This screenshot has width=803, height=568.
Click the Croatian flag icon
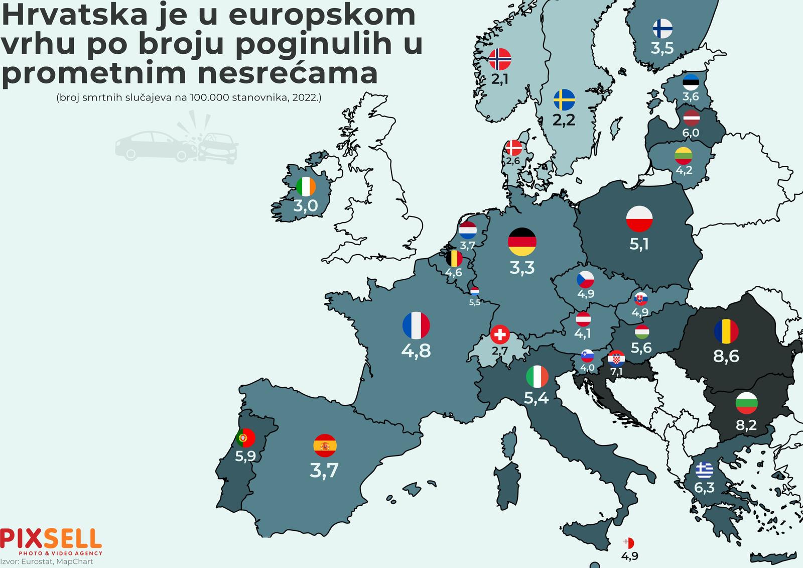pos(616,359)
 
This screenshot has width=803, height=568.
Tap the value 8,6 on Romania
pos(726,356)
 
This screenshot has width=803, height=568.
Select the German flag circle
pos(522,242)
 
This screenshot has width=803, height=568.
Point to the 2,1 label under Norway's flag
pos(500,79)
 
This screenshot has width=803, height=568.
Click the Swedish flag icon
pos(564,100)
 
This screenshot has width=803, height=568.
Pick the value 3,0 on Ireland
pos(306,205)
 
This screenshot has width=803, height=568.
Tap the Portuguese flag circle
pos(245,438)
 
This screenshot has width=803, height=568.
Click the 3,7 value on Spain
pos(324,471)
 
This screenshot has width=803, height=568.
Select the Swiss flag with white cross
pos(500,334)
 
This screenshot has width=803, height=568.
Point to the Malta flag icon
pos(628,543)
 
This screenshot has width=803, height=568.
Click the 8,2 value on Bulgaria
pos(746,425)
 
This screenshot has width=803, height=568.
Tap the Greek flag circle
pos(705,470)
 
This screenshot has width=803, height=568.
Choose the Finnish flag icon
pos(662,29)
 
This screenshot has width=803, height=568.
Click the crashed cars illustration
pos(177,140)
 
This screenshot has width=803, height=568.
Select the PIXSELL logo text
pos(51,539)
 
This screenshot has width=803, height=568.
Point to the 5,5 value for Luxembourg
pos(475,302)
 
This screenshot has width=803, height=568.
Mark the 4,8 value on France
pos(416,351)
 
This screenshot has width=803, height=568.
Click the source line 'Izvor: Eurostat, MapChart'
pos(47,561)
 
